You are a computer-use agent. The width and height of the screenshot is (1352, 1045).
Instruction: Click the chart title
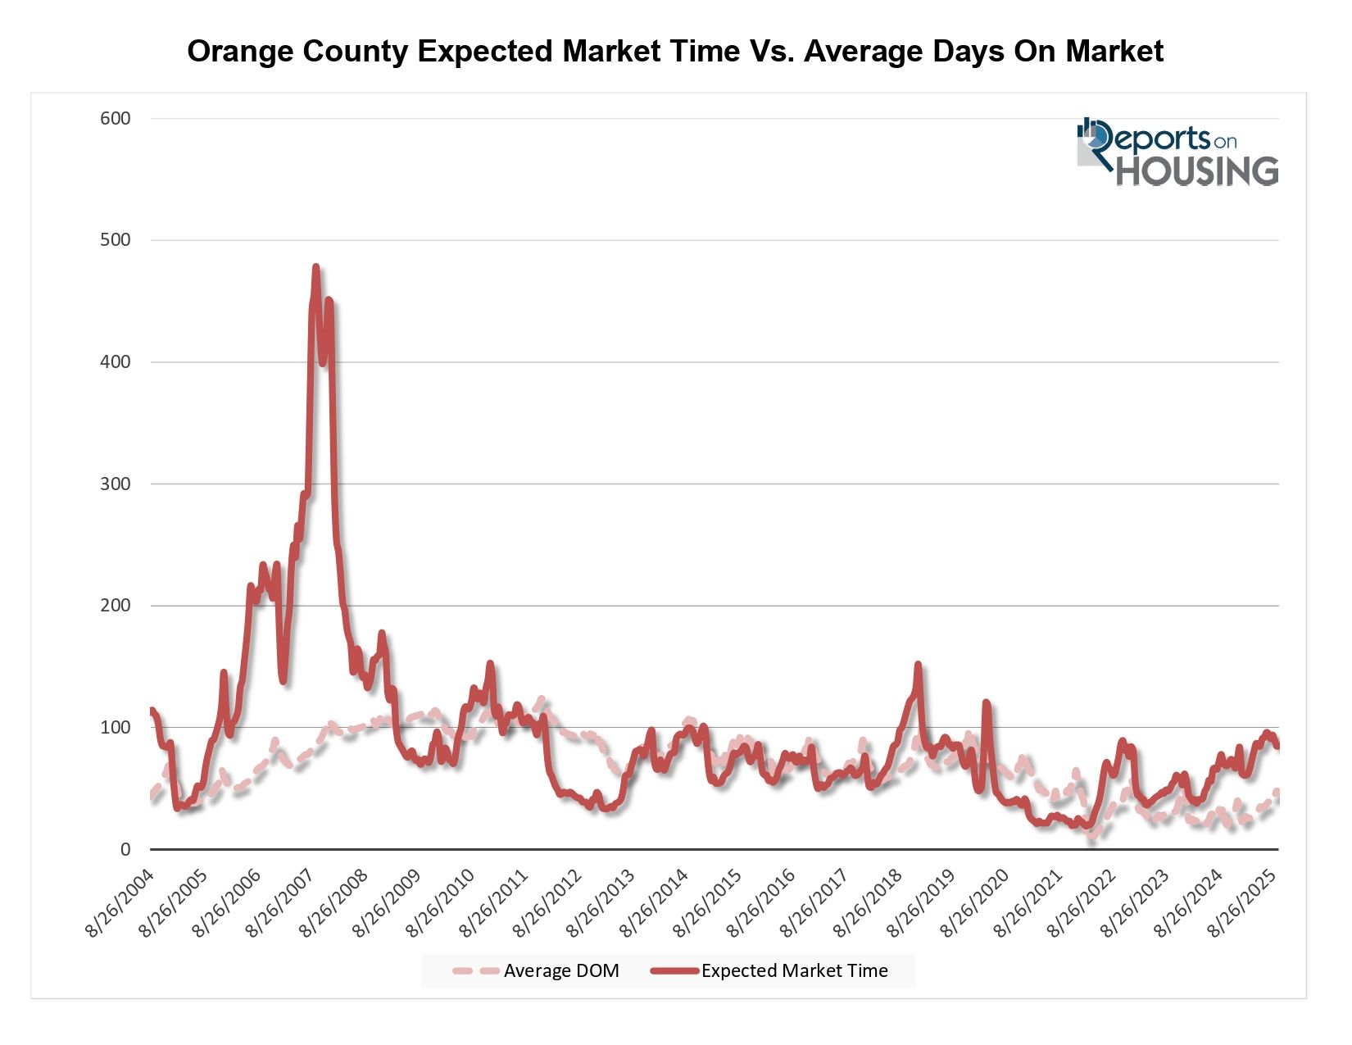tap(675, 52)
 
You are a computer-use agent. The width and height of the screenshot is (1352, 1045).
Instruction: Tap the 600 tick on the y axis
tap(116, 119)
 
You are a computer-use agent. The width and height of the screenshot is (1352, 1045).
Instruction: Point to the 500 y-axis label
tap(116, 240)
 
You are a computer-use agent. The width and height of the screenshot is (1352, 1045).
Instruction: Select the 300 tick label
tap(116, 484)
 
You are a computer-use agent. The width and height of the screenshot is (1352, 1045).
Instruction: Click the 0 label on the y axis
tap(125, 850)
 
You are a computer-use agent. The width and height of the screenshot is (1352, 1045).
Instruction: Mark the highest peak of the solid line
tap(315, 267)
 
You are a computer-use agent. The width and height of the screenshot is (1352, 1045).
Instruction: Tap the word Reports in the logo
tap(1151, 139)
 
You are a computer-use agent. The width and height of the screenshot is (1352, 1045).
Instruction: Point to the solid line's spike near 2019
tap(918, 665)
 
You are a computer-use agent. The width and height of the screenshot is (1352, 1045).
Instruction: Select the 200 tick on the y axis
tap(116, 606)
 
